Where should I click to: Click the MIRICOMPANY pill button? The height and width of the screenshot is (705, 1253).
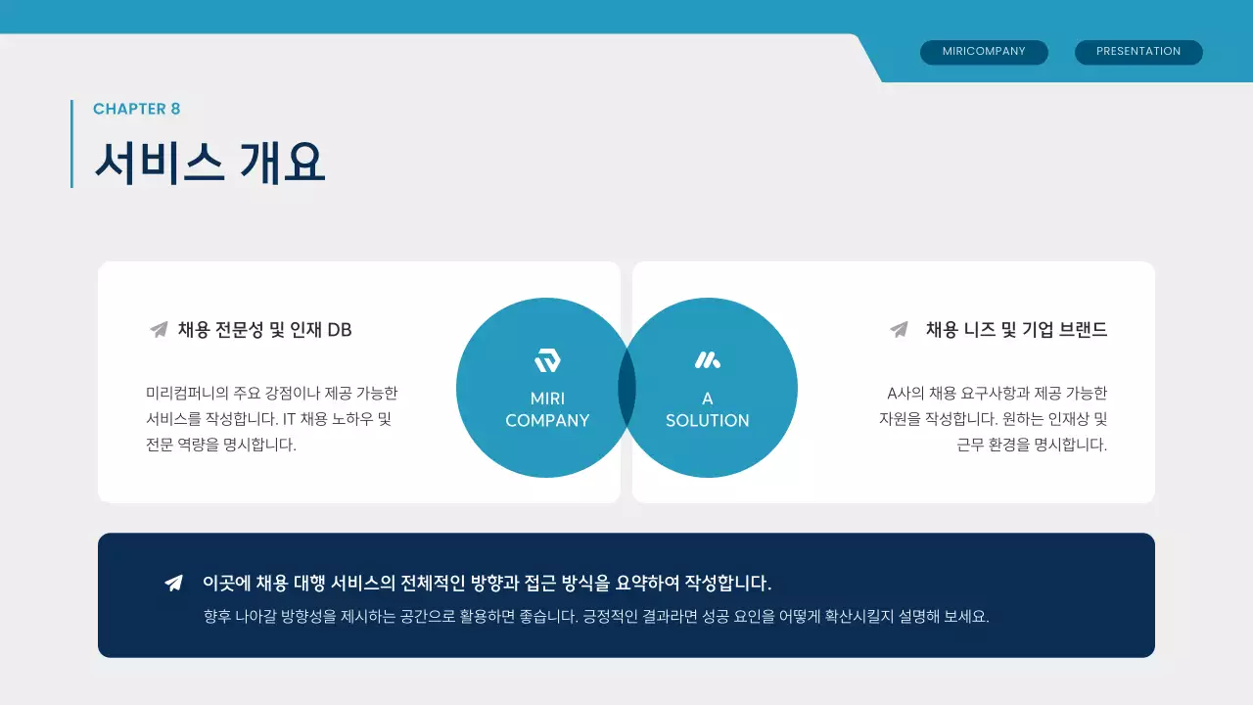984,52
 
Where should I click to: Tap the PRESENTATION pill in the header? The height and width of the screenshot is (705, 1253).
1138,52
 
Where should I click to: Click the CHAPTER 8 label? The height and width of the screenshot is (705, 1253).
137,109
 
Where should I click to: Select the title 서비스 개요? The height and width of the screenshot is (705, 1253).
209,162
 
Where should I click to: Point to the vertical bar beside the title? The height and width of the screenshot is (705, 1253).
71,143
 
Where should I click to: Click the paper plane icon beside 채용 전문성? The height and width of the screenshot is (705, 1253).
159,330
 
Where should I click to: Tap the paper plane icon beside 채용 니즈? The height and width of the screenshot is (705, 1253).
899,330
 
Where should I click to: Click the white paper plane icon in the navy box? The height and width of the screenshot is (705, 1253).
173,584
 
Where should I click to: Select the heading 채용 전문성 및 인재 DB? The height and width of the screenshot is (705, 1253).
264,330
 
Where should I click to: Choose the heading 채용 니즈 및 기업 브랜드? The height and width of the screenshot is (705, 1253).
1016,330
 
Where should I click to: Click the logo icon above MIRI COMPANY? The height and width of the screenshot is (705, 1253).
547,360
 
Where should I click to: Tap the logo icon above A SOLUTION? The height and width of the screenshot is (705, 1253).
707,360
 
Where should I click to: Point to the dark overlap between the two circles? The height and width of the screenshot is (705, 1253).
626,388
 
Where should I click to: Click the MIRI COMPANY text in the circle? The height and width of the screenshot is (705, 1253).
547,409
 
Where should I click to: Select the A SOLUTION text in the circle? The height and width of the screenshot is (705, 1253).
707,409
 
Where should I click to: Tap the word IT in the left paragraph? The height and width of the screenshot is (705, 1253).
290,419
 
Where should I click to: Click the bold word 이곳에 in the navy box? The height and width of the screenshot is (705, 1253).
227,584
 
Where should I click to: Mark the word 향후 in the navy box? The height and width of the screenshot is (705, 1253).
216,618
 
